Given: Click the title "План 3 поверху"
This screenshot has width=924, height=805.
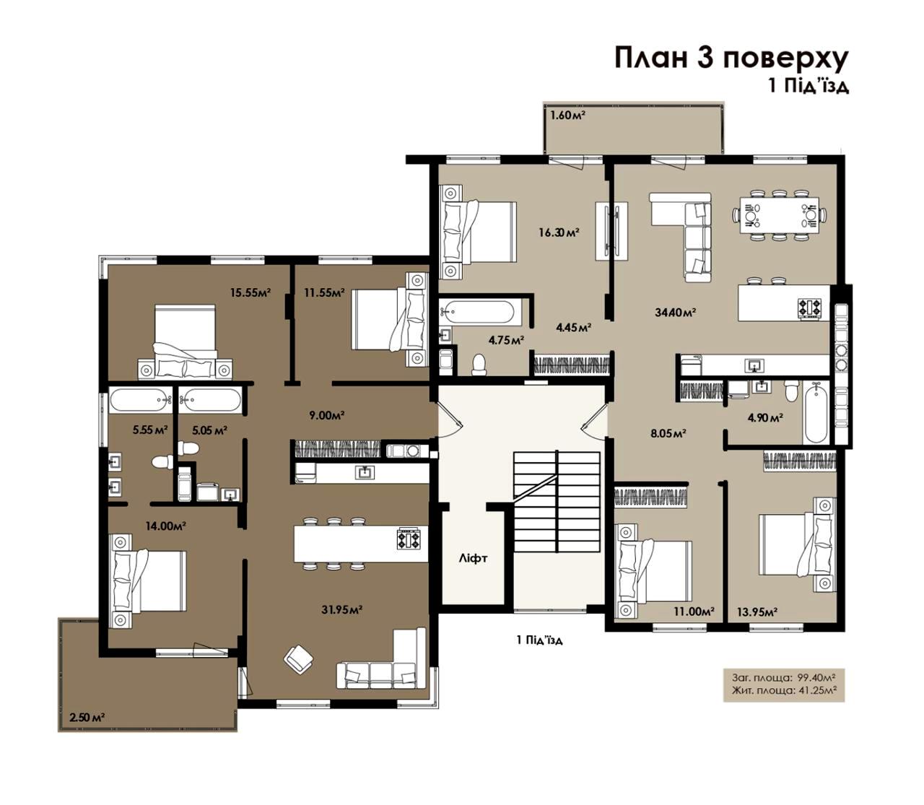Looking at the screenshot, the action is click(731, 58).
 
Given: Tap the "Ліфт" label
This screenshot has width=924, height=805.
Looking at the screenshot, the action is click(473, 559).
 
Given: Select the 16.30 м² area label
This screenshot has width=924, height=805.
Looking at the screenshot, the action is click(559, 232).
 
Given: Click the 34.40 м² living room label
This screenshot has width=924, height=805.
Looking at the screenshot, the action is click(675, 311).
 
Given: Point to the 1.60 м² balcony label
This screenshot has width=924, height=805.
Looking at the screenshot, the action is click(567, 115).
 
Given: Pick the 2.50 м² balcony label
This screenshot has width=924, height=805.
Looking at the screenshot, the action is click(87, 716).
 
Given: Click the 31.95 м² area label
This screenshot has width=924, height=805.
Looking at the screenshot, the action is click(342, 609).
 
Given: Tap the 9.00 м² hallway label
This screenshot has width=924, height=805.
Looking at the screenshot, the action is click(327, 415).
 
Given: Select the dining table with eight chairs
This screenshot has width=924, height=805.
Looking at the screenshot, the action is click(780, 215).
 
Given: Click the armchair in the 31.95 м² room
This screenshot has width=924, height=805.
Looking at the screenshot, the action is click(299, 660).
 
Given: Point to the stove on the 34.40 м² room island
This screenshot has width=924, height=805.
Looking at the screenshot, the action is click(810, 309).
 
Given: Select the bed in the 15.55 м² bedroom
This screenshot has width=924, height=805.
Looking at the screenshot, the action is click(185, 341).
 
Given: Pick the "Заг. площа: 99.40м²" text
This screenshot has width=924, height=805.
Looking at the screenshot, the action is click(783, 677).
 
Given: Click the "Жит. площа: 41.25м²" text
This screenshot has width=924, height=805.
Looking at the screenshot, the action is click(783, 689).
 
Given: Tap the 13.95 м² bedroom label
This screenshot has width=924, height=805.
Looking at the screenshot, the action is click(757, 612).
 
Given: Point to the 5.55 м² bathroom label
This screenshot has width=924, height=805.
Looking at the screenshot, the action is click(150, 430).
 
